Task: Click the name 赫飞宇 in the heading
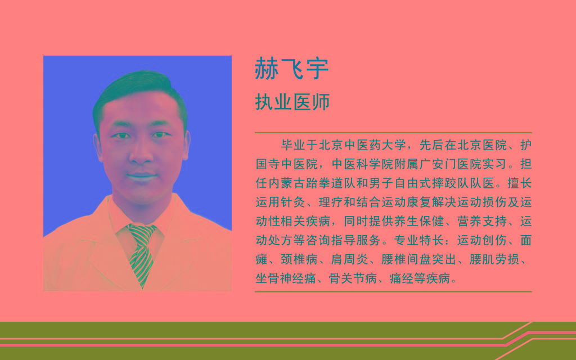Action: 292,68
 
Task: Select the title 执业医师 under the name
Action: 292,102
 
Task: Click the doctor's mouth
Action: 141,177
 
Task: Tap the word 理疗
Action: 331,202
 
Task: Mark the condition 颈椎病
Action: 299,259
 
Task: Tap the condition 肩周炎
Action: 349,259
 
